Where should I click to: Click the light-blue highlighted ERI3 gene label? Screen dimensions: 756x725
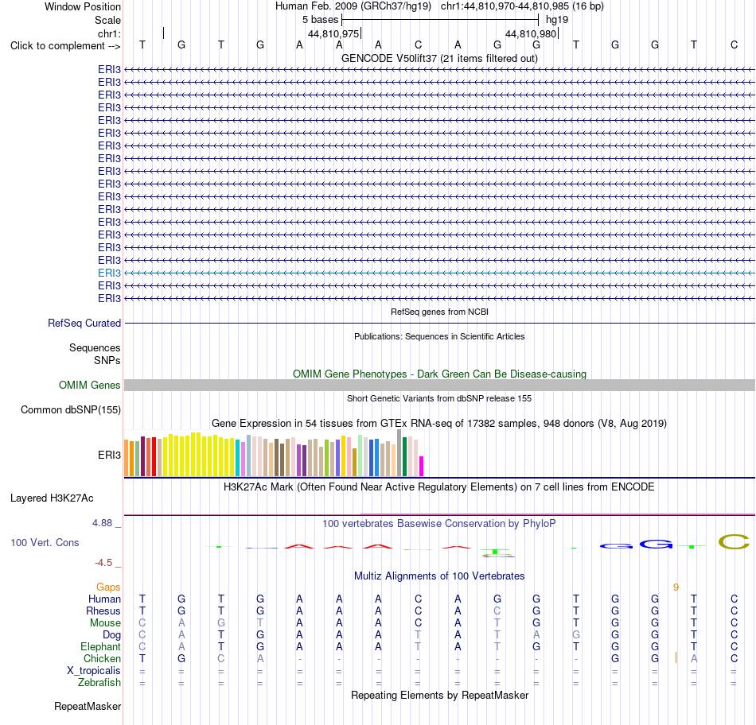110,273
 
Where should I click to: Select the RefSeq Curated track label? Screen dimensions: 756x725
84,324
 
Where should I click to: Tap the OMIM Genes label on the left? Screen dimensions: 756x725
90,385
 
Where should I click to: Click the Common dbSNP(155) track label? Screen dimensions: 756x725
71,410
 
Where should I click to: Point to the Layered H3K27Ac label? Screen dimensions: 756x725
52,498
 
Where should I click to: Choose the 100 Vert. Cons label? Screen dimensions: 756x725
45,542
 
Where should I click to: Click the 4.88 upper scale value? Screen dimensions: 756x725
102,522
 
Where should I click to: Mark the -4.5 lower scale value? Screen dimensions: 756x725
103,563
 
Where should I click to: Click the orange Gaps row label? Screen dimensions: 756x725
108,587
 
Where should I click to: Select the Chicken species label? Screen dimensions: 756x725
102,658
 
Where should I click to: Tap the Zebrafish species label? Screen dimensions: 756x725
99,683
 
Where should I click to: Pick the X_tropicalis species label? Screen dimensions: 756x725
94,671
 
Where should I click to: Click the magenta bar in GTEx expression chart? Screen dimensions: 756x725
422,467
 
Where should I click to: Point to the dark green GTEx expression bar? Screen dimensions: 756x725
404,456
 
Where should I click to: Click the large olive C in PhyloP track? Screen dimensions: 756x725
734,542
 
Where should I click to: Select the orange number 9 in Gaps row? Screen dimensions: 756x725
676,587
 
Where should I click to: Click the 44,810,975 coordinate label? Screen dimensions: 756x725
333,33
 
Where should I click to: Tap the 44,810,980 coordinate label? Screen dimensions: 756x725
531,33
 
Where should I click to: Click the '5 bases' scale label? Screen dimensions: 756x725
321,20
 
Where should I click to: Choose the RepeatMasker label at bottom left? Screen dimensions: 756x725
88,706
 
